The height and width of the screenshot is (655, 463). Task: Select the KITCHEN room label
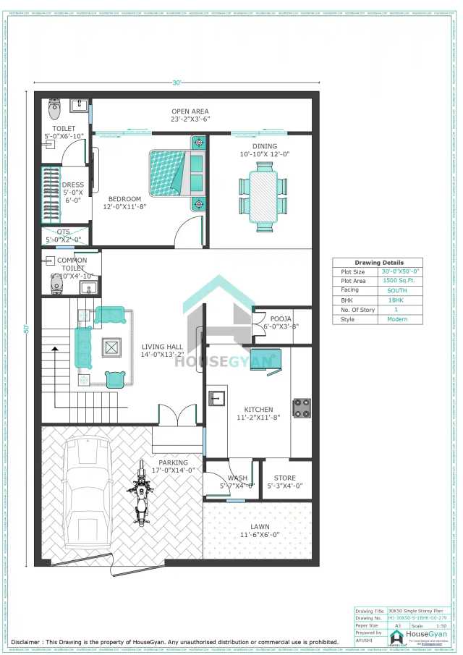point(258,410)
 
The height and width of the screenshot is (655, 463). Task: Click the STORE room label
point(285,478)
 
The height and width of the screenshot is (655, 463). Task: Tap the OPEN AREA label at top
point(190,111)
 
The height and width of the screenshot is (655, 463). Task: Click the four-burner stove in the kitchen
point(302,407)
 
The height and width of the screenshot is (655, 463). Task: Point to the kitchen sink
point(216,397)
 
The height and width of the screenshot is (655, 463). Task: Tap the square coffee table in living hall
point(111,347)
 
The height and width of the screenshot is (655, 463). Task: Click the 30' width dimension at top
point(177,83)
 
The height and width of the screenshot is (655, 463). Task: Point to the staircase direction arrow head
point(54,350)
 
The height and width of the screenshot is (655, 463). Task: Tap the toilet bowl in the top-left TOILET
point(54,110)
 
